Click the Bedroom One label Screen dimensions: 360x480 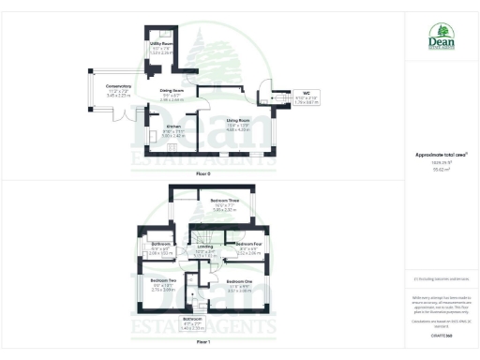click(x=242, y=280)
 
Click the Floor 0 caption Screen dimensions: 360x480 click(x=202, y=174)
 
